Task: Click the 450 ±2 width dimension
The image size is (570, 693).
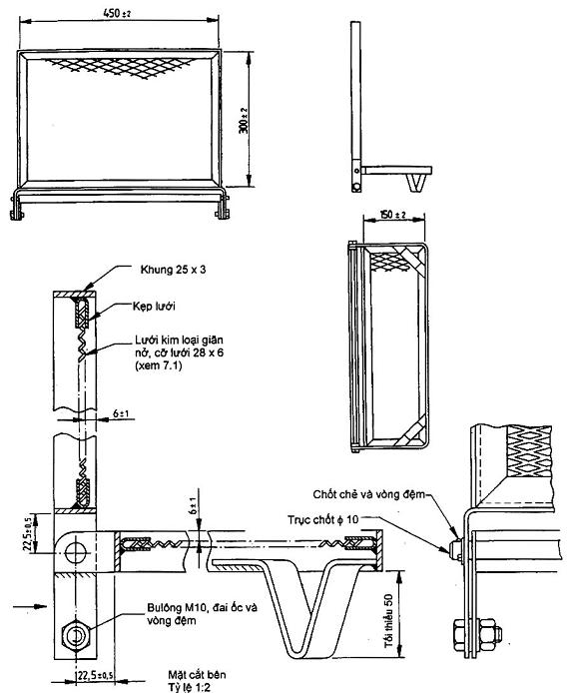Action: (117, 13)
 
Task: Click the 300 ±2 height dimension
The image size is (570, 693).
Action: (244, 120)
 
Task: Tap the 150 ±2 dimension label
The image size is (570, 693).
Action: (393, 215)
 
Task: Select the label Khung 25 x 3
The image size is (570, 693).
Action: (173, 270)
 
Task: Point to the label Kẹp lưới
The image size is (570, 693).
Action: (154, 306)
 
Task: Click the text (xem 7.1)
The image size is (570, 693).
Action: (158, 365)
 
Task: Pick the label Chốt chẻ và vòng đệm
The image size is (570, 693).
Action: (369, 494)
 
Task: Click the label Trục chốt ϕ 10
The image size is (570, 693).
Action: (323, 519)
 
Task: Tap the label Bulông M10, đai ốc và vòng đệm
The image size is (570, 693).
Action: (202, 614)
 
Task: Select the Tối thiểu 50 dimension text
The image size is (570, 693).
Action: (389, 621)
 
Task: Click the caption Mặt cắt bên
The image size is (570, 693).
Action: (197, 675)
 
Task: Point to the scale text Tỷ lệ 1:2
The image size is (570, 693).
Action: (189, 687)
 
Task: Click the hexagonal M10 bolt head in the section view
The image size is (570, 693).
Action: (76, 636)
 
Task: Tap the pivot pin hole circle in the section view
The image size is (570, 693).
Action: (73, 552)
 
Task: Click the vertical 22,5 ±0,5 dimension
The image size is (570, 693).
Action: (29, 532)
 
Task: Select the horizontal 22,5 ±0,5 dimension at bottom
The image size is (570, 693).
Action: (94, 676)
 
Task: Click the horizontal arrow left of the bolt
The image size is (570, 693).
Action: (30, 606)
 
